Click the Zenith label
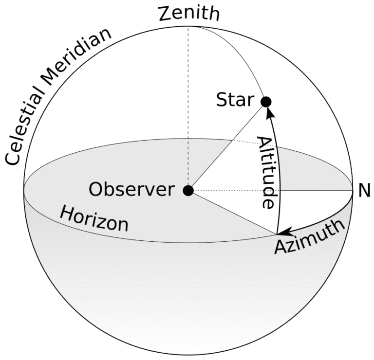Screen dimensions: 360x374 [x=189, y=14]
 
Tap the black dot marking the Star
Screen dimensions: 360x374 [x=266, y=102]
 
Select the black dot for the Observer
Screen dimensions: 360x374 [x=188, y=190]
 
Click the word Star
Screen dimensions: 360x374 [x=235, y=101]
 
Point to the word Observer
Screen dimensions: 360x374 [x=131, y=190]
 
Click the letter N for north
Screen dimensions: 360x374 [x=364, y=191]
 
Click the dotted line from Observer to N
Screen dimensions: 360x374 [x=273, y=190]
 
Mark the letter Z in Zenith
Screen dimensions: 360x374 [x=165, y=14]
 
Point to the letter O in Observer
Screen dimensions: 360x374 [x=96, y=190]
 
